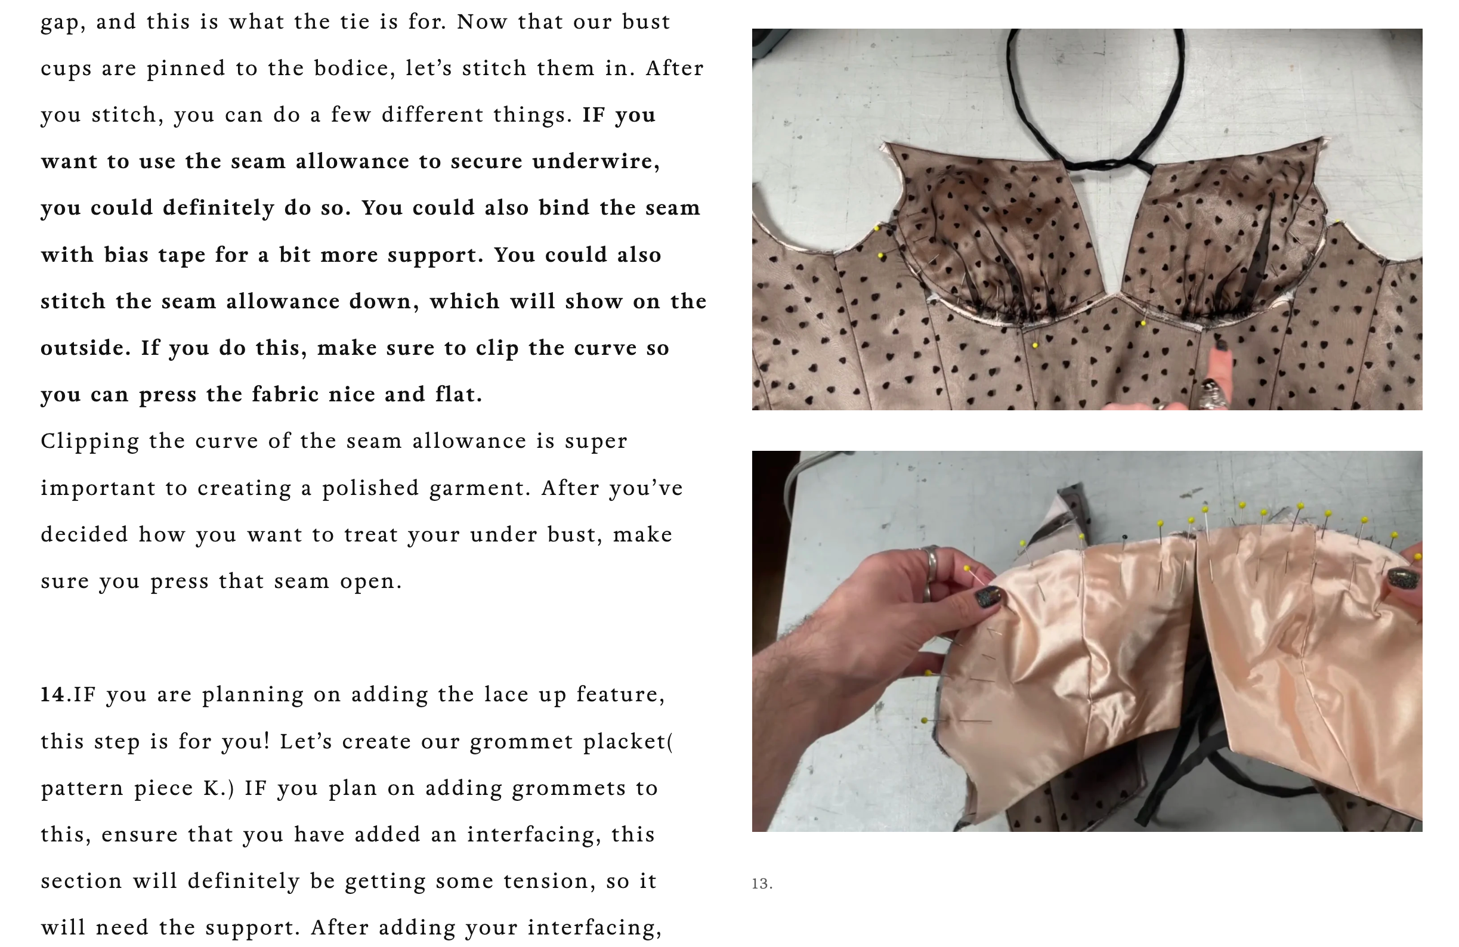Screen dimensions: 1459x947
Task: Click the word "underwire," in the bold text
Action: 595,162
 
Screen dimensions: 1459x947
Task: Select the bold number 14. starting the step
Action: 55,695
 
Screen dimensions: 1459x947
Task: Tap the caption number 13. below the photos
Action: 762,883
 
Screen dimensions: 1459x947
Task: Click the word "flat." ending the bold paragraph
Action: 459,394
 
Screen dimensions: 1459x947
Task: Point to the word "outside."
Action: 86,348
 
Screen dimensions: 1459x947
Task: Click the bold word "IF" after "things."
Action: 594,114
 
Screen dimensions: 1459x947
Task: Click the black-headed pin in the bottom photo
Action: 1124,537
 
